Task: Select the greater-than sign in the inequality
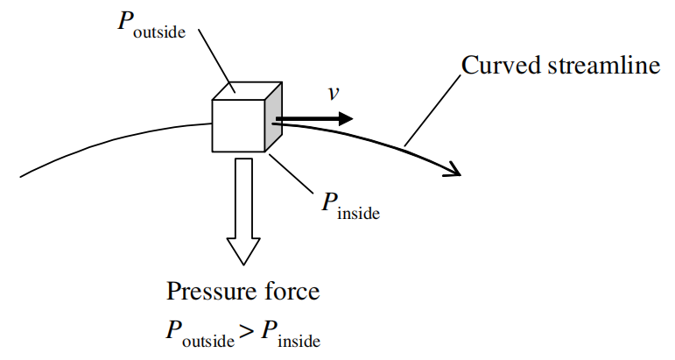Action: tap(248, 331)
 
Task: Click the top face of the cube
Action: tap(248, 90)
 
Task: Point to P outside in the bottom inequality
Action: tap(198, 334)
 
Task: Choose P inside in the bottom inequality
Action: tap(290, 334)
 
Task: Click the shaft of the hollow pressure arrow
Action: tap(243, 197)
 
